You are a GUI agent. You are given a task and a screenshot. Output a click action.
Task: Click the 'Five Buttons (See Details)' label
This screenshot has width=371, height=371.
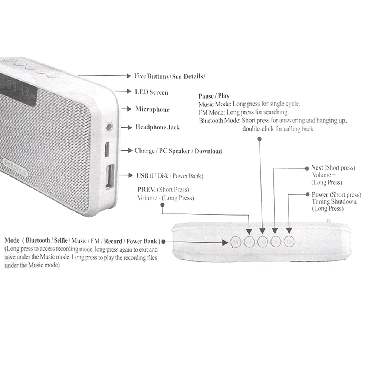(169, 76)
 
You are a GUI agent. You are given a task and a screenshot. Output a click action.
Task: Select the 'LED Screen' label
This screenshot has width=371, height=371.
(151, 92)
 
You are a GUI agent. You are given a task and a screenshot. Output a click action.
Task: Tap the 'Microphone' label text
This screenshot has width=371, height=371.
(152, 109)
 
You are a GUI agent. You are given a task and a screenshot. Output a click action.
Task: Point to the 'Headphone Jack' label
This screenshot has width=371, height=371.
(157, 127)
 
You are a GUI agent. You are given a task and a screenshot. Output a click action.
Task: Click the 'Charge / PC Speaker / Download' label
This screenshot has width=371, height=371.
(178, 151)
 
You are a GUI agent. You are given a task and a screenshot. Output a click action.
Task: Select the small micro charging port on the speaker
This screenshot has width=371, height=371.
(106, 149)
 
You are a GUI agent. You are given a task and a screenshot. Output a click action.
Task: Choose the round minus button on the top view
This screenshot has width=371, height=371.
(249, 242)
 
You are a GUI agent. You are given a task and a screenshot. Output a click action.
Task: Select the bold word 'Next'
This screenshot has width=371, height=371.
(317, 168)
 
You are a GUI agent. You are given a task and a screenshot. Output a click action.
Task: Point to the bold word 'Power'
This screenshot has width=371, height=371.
(320, 195)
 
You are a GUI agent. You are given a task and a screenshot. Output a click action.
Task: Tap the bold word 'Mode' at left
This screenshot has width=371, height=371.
(12, 241)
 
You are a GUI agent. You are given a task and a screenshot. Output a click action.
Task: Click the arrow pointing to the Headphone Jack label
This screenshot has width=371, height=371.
(128, 127)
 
